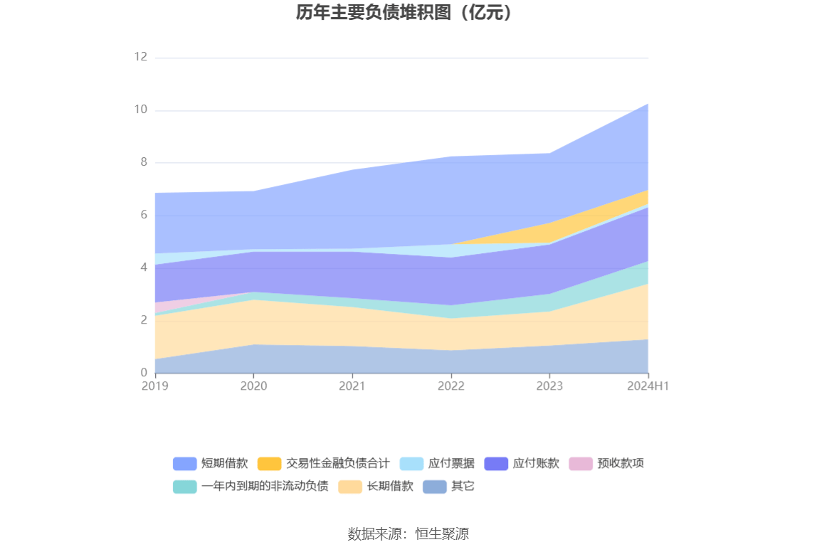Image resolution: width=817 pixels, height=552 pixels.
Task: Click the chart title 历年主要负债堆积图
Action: pyautogui.click(x=404, y=13)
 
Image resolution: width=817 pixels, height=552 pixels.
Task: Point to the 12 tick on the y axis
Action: pyautogui.click(x=140, y=57)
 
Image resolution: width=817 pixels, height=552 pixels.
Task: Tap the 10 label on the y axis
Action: pyautogui.click(x=140, y=110)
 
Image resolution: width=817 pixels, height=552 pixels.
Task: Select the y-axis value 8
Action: pyautogui.click(x=143, y=162)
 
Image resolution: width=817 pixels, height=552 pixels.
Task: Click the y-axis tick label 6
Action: pyautogui.click(x=143, y=215)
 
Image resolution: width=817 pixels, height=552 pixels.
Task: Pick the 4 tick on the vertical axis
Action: pyautogui.click(x=143, y=267)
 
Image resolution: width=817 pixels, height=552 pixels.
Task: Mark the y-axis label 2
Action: pyautogui.click(x=143, y=320)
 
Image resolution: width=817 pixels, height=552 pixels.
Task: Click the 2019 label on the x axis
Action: pyautogui.click(x=154, y=386)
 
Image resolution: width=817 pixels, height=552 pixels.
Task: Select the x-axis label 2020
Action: pyautogui.click(x=253, y=386)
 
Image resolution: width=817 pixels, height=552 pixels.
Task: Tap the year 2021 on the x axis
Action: pyautogui.click(x=352, y=386)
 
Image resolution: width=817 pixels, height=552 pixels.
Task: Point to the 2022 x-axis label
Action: pyautogui.click(x=450, y=386)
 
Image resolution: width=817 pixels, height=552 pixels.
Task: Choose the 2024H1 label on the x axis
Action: pyautogui.click(x=648, y=386)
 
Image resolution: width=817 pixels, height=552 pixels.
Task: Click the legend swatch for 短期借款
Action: pyautogui.click(x=184, y=464)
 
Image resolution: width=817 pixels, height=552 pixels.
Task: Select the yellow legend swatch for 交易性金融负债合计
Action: pyautogui.click(x=269, y=464)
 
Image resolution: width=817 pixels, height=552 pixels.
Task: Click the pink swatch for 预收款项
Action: pyautogui.click(x=581, y=464)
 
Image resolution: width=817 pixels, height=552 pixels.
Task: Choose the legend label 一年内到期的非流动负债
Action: pyautogui.click(x=265, y=487)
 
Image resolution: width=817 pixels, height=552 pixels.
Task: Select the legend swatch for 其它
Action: pyautogui.click(x=434, y=487)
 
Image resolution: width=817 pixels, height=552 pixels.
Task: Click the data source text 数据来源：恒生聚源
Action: pyautogui.click(x=408, y=534)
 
